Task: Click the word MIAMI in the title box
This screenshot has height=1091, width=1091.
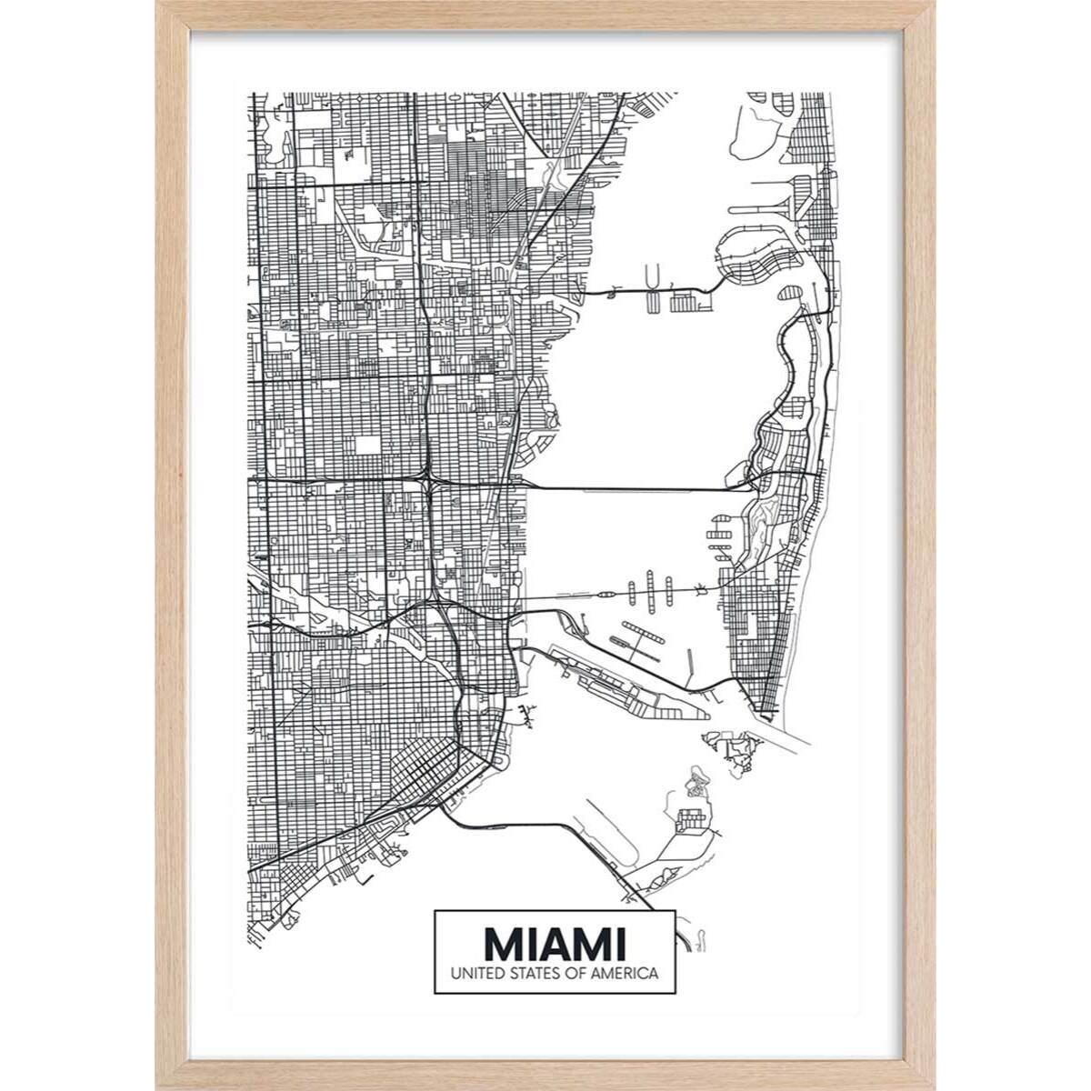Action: pyautogui.click(x=554, y=943)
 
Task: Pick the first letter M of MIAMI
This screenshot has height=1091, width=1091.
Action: pyautogui.click(x=502, y=943)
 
